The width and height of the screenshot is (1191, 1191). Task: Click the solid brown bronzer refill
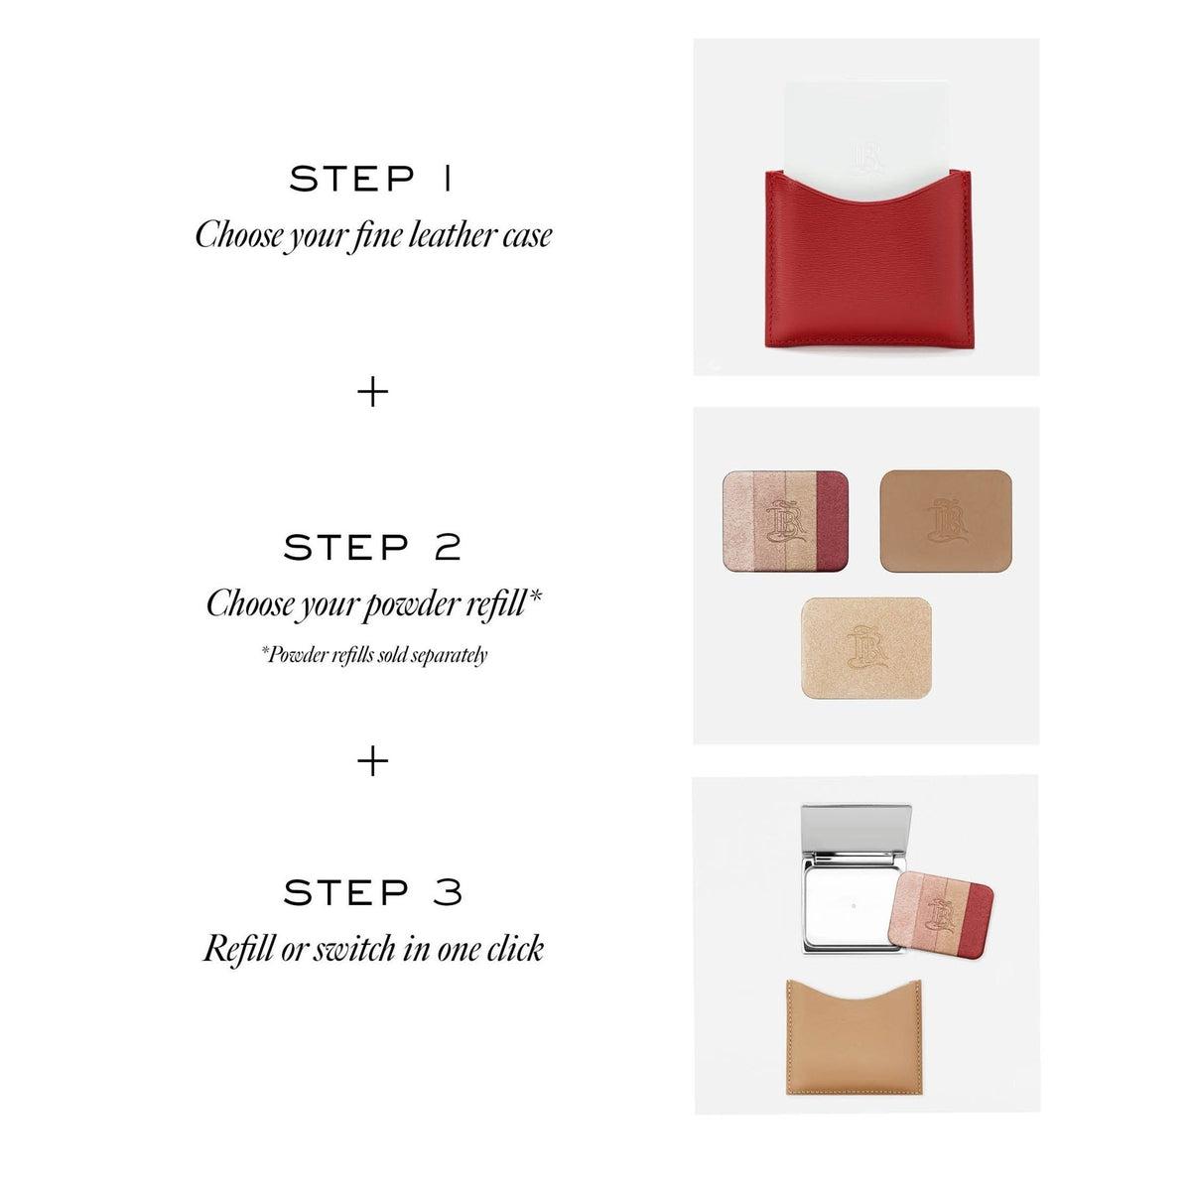pos(946,520)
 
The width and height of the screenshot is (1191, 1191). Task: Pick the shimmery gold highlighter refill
pos(865,647)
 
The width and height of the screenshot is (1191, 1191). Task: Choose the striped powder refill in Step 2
pos(785,520)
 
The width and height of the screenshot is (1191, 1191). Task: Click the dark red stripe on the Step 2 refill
pos(833,520)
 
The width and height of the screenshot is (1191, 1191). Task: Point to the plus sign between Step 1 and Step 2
pos(373,392)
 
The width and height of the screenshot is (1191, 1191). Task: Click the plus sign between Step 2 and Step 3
pos(373,761)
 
